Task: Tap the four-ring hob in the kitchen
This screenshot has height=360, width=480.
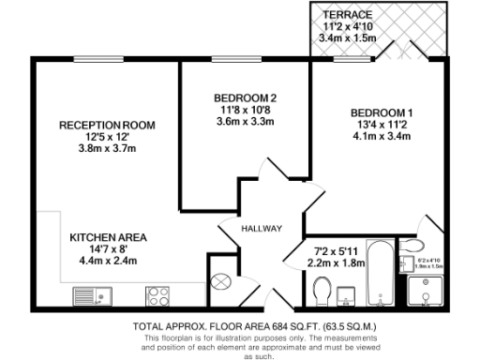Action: (157, 297)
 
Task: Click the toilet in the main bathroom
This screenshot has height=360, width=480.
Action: (322, 295)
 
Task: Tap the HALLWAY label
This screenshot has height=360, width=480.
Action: (261, 229)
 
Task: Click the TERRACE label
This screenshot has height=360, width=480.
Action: (348, 16)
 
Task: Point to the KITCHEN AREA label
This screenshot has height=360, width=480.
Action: (108, 237)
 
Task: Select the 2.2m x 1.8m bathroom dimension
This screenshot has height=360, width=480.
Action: (337, 263)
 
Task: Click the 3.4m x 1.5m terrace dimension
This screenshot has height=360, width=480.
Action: (348, 38)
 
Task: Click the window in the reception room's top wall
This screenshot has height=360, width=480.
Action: (102, 59)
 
